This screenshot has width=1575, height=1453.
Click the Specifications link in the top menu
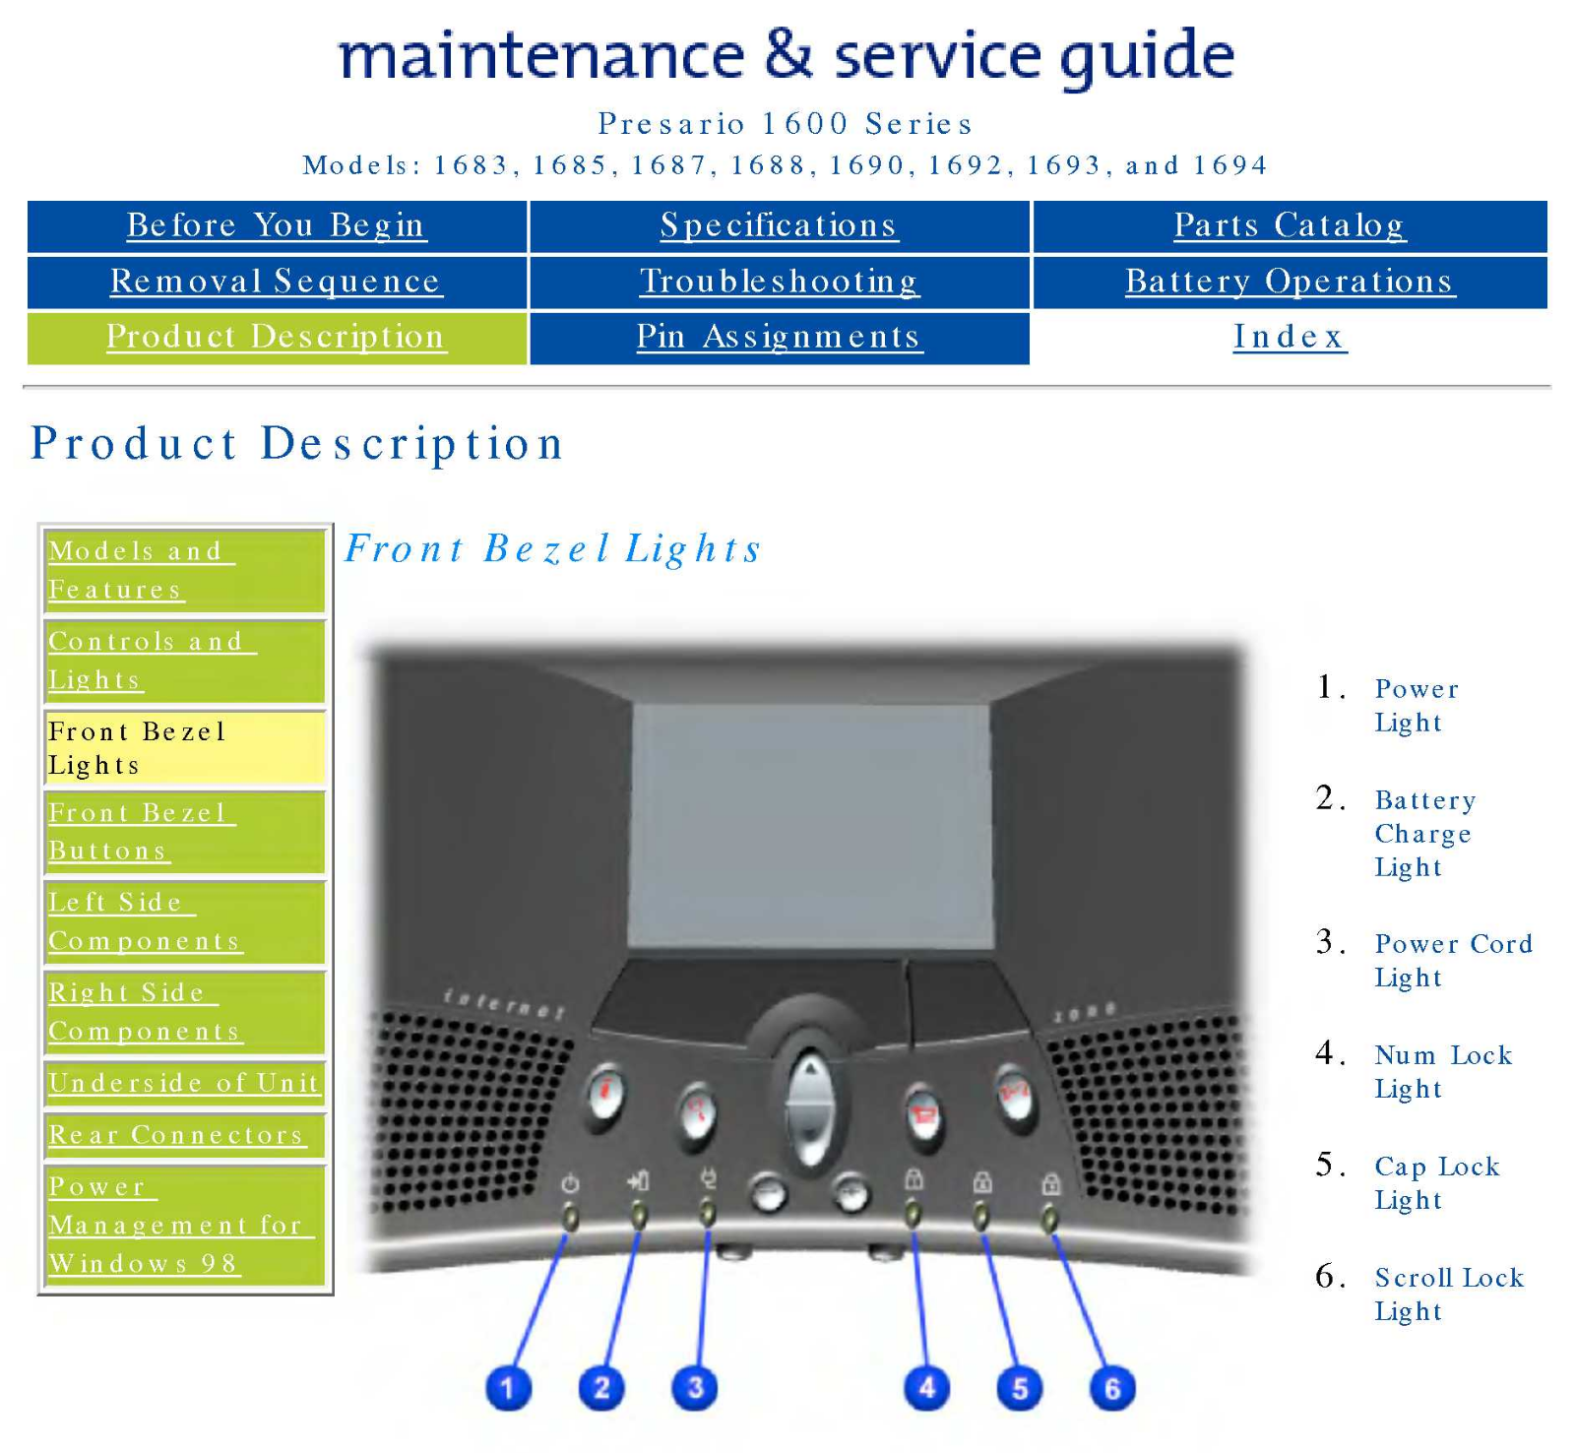point(779,225)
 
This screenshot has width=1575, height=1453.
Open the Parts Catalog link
point(1290,225)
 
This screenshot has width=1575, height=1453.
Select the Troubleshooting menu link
point(779,282)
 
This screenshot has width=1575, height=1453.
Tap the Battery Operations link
point(1290,282)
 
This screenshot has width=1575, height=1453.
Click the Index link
point(1290,337)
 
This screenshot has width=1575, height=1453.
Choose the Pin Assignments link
point(779,337)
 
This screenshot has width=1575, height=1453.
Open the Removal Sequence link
point(276,282)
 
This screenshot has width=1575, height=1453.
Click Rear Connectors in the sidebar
point(177,1135)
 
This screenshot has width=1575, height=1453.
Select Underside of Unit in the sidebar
point(184,1083)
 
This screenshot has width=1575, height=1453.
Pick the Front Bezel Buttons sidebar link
point(138,832)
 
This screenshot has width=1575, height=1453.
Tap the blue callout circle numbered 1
point(508,1388)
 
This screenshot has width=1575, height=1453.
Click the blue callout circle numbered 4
point(926,1388)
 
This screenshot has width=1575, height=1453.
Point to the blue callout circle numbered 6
point(1112,1388)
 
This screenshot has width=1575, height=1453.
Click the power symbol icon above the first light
point(570,1183)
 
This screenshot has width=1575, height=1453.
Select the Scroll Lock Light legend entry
point(1448,1294)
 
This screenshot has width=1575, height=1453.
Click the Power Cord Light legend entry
point(1453,960)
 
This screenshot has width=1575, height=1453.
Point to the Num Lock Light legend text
point(1442,1071)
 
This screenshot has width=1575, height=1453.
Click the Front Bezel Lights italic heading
point(553,548)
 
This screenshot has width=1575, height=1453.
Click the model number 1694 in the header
point(1230,165)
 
